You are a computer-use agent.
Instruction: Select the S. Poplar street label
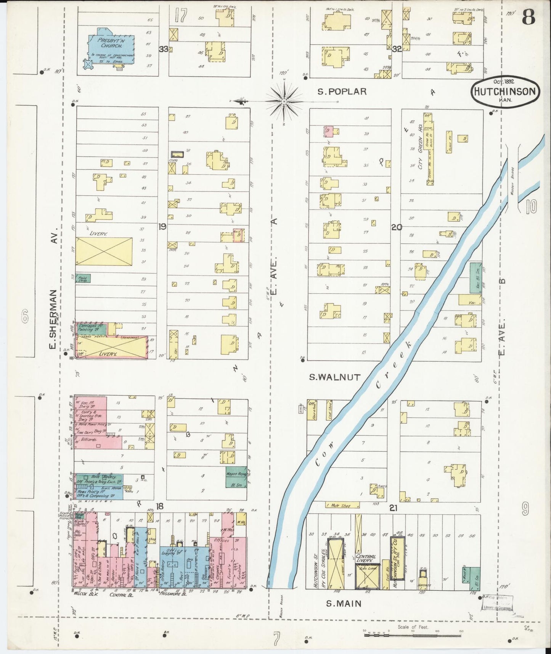click(x=342, y=92)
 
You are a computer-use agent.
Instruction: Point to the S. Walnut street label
click(x=334, y=377)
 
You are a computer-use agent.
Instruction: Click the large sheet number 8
click(x=528, y=16)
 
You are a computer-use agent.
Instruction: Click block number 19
click(x=162, y=227)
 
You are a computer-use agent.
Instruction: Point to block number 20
click(x=396, y=227)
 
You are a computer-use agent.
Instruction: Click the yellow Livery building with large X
click(x=104, y=251)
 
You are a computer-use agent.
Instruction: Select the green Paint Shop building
click(x=83, y=279)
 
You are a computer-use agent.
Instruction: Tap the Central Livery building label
click(x=366, y=559)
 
